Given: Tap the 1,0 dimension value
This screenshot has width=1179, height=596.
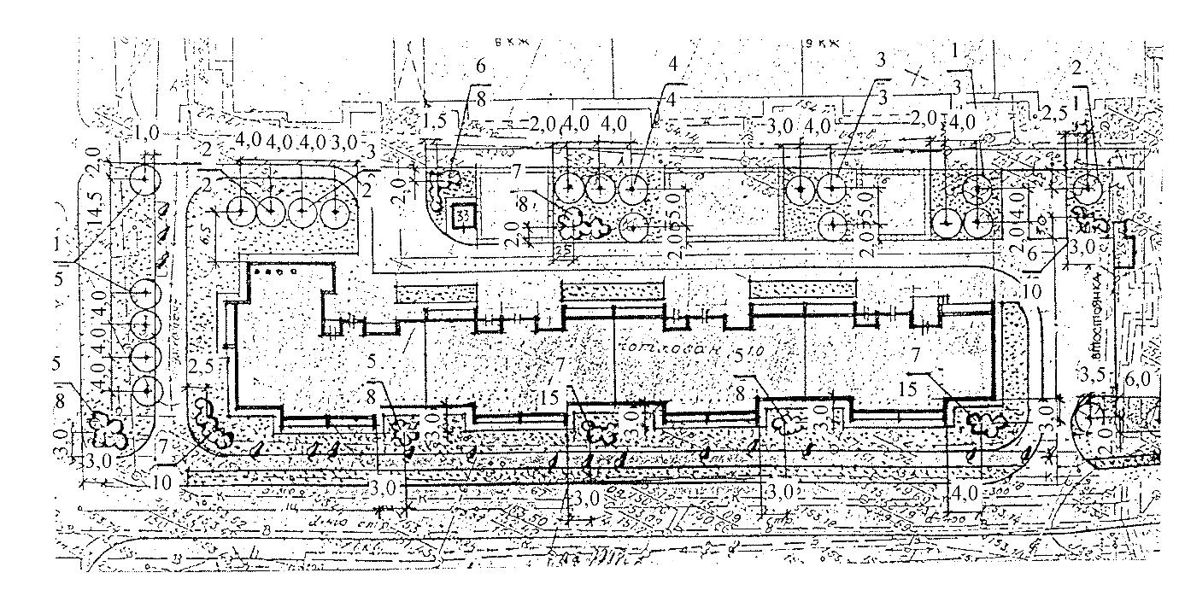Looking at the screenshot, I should pyautogui.click(x=147, y=134).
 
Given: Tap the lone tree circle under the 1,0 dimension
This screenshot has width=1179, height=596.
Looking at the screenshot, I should pyautogui.click(x=145, y=180).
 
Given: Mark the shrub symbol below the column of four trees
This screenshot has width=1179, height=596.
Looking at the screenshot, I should pyautogui.click(x=109, y=429).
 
